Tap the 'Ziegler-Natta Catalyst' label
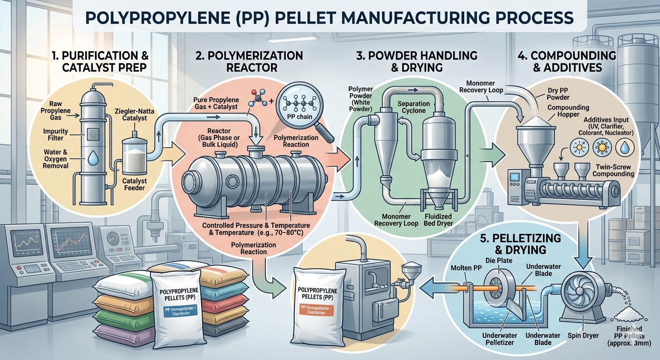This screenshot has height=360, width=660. click(130, 114)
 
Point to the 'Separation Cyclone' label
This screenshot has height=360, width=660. click(413, 107)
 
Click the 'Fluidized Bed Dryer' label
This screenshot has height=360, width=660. click(438, 220)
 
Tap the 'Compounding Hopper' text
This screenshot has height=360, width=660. click(568, 111)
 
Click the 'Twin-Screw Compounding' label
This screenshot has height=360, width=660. click(613, 170)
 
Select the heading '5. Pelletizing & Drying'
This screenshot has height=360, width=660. click(520, 244)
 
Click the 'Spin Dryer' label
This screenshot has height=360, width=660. click(583, 336)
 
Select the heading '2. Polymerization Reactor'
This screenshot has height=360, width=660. click(249, 61)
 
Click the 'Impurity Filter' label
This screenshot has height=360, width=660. click(55, 135)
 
